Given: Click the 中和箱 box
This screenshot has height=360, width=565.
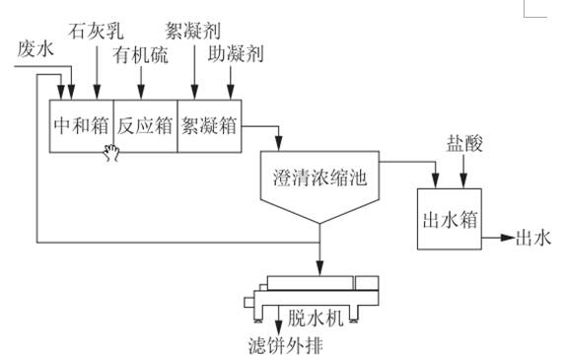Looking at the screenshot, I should tap(81, 125).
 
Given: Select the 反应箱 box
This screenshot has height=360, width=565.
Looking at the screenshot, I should tap(145, 125).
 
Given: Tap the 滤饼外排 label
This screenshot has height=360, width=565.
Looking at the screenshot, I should tap(286, 345).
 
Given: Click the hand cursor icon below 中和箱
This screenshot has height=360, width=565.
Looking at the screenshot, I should tap(112, 153).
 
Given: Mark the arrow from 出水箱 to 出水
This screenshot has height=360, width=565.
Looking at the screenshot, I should tap(497, 238).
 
